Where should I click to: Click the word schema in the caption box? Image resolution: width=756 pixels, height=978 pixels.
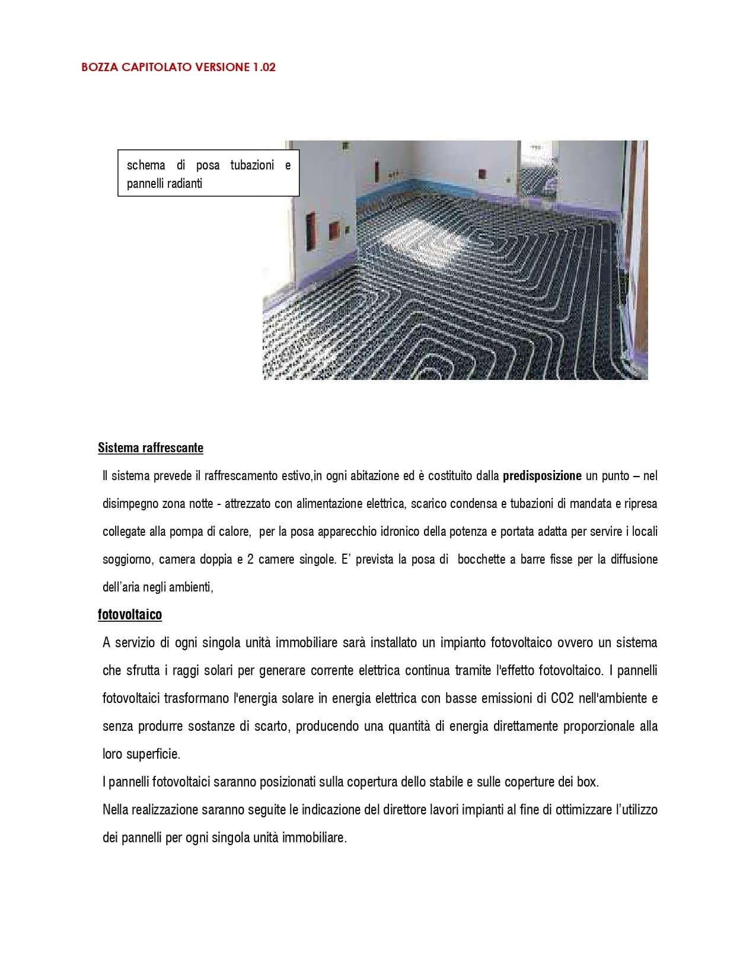(x=146, y=165)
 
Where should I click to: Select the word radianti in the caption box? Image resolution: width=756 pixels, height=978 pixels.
(x=184, y=184)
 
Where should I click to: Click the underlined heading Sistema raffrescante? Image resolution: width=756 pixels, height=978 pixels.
(x=151, y=448)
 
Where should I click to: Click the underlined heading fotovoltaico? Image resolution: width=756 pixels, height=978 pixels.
(x=130, y=615)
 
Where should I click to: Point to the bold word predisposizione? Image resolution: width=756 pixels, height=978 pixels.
(x=542, y=475)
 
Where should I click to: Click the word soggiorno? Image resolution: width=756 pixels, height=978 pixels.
(x=126, y=559)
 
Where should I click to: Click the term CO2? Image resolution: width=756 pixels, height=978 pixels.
(x=562, y=698)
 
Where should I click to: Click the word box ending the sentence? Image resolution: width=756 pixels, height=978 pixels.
(x=587, y=782)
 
